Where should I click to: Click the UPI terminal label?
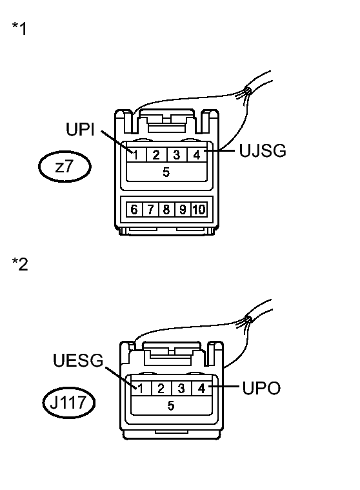point(80,129)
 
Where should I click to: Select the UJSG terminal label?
point(263,150)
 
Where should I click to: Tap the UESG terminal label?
point(78,360)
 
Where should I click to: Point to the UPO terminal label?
point(261,388)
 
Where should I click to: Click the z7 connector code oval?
point(65,167)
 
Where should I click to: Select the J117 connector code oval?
point(68,402)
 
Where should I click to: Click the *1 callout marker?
point(19,28)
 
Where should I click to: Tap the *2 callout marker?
point(19,264)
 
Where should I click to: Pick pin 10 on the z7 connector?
point(199,209)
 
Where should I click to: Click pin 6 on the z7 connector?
point(134,209)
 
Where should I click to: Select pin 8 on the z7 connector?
point(166,209)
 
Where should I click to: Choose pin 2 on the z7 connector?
point(156,155)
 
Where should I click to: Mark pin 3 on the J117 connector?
point(181,389)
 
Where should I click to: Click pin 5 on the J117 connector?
point(171,405)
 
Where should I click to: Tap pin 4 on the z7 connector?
point(197,155)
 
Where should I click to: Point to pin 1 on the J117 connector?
point(141,389)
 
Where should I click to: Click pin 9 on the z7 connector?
point(183,209)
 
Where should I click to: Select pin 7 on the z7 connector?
point(150,209)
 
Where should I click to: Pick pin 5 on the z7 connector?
point(166,172)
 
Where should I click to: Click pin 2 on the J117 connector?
point(161,389)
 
